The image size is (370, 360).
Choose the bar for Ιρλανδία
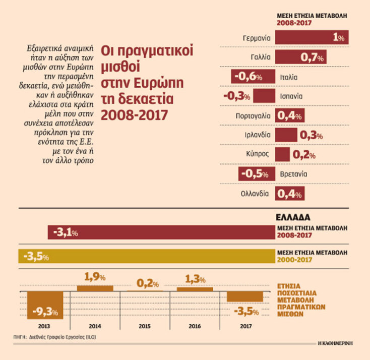click(x=286, y=135)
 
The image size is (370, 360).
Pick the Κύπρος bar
click(x=283, y=154)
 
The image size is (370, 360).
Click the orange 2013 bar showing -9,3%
click(x=45, y=305)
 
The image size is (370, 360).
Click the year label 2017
click(x=246, y=326)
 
